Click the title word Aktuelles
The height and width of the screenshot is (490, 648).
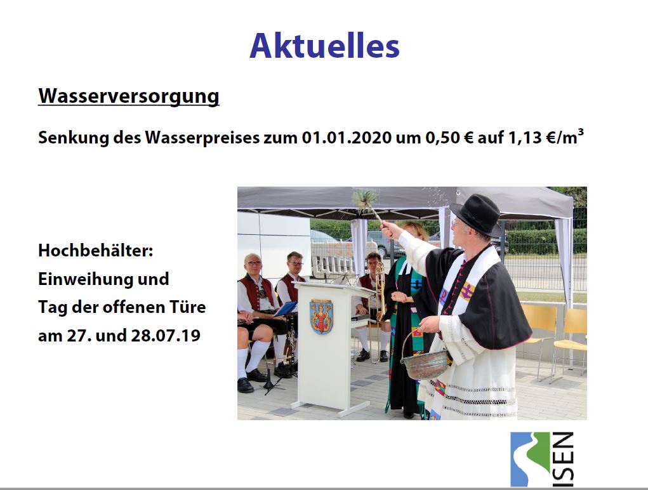click(324, 46)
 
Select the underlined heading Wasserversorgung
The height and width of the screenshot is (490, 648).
click(129, 96)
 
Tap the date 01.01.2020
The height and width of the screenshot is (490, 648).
click(347, 138)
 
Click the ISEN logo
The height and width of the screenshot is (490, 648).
click(542, 460)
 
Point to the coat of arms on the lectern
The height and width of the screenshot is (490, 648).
click(321, 316)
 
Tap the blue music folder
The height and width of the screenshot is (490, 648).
click(286, 308)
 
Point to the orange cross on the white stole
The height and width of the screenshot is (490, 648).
click(467, 291)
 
